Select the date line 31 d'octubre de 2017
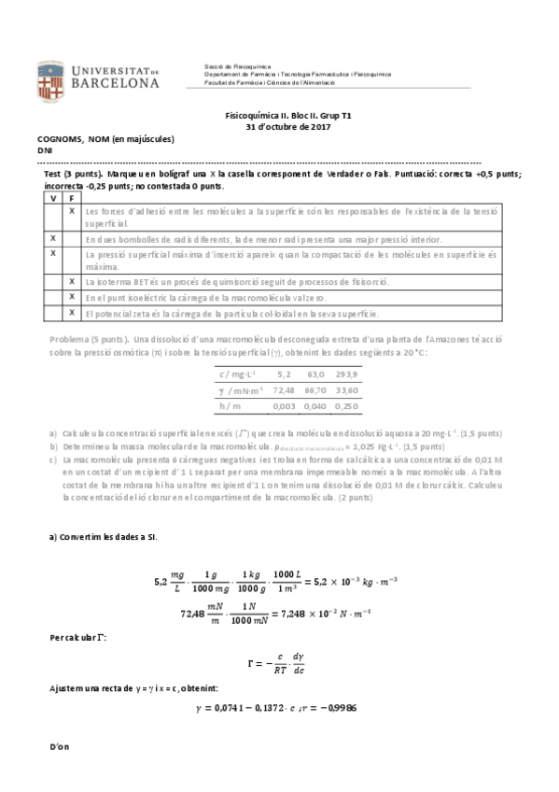tap(287, 126)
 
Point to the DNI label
tap(45, 150)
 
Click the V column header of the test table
tap(52, 198)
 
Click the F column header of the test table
tap(72, 198)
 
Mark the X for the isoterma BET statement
tap(72, 281)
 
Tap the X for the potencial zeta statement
tap(72, 312)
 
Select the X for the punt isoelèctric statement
tap(72, 297)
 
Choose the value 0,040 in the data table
tap(315, 406)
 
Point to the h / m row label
tap(230, 406)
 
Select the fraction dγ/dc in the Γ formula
tap(299, 664)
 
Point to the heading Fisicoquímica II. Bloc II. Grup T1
tap(287, 115)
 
